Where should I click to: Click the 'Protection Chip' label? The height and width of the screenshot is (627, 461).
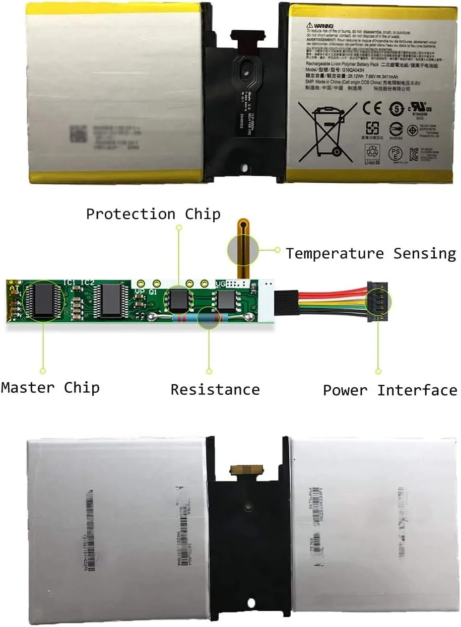pos(153,214)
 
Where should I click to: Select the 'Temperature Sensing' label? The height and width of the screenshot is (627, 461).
pos(371,253)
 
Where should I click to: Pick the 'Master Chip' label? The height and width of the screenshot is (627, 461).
pos(50,387)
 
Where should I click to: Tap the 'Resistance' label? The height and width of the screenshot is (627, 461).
pos(215,389)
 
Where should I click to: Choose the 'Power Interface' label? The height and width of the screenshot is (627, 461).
pos(390,390)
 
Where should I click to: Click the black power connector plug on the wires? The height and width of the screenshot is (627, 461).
pos(378,301)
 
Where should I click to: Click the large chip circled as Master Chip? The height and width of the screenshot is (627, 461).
pos(43,301)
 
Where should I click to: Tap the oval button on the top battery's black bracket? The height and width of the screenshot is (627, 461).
pos(245,67)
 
